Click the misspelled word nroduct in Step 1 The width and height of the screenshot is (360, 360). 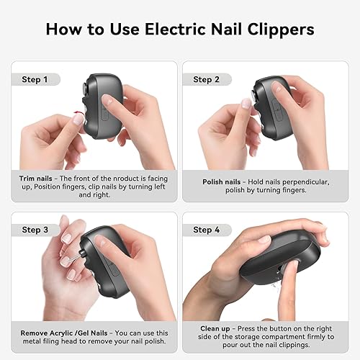coord(125,177)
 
